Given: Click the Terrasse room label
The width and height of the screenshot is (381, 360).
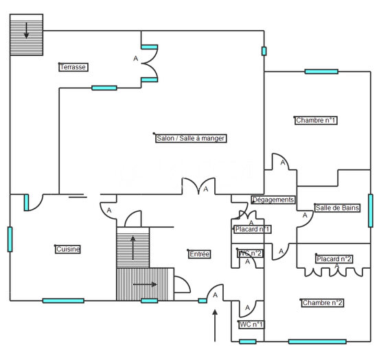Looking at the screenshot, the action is point(73,67).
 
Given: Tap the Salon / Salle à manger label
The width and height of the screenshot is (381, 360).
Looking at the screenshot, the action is point(191,138).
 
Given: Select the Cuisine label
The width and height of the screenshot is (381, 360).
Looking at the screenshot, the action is point(68,249).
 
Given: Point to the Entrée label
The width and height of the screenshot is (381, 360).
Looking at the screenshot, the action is point(199,254).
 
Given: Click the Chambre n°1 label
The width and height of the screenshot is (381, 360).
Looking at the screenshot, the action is point(316,120).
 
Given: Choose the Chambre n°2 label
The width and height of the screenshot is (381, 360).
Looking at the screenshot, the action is point(323,302).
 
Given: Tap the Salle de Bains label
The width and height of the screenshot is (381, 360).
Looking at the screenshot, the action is point(337,208).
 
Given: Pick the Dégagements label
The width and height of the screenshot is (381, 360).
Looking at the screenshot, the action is point(273,200).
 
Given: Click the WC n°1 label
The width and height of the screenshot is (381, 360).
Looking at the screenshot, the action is point(251,324).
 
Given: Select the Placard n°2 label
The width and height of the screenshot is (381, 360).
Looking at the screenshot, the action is point(334,259).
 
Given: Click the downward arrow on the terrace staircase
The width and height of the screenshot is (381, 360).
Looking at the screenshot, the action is point(26,31).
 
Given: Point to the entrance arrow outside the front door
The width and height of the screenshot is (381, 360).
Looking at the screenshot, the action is point(215,326).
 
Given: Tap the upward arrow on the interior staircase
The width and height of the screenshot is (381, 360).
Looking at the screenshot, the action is point(133,248).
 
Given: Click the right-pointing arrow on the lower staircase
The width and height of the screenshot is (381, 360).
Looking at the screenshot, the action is point(145,285).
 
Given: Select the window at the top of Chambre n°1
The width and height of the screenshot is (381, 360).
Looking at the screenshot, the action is point(321,71).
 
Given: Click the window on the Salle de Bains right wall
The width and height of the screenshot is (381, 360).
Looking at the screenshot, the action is point(371,211).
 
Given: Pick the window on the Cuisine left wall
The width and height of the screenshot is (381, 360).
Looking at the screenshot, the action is point(10,239).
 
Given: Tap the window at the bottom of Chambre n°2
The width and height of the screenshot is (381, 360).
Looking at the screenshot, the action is point(317,341).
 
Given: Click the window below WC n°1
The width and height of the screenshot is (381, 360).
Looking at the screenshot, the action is point(248,341).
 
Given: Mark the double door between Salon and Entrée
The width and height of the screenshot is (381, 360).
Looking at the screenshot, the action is point(199,187).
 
